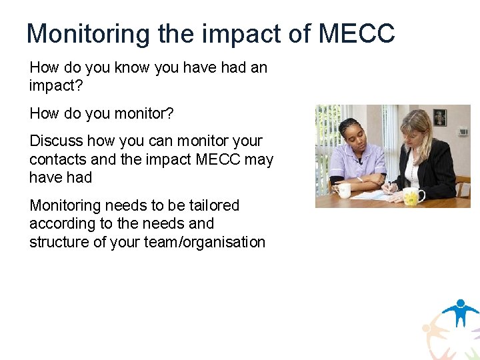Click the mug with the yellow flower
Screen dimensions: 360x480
tap(413, 196)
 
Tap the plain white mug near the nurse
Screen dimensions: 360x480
tap(343, 190)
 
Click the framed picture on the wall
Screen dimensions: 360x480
tap(439, 118)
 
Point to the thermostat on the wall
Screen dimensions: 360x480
tap(462, 132)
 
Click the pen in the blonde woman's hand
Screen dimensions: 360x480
tap(387, 187)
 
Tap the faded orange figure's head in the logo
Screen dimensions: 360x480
tap(428, 328)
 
